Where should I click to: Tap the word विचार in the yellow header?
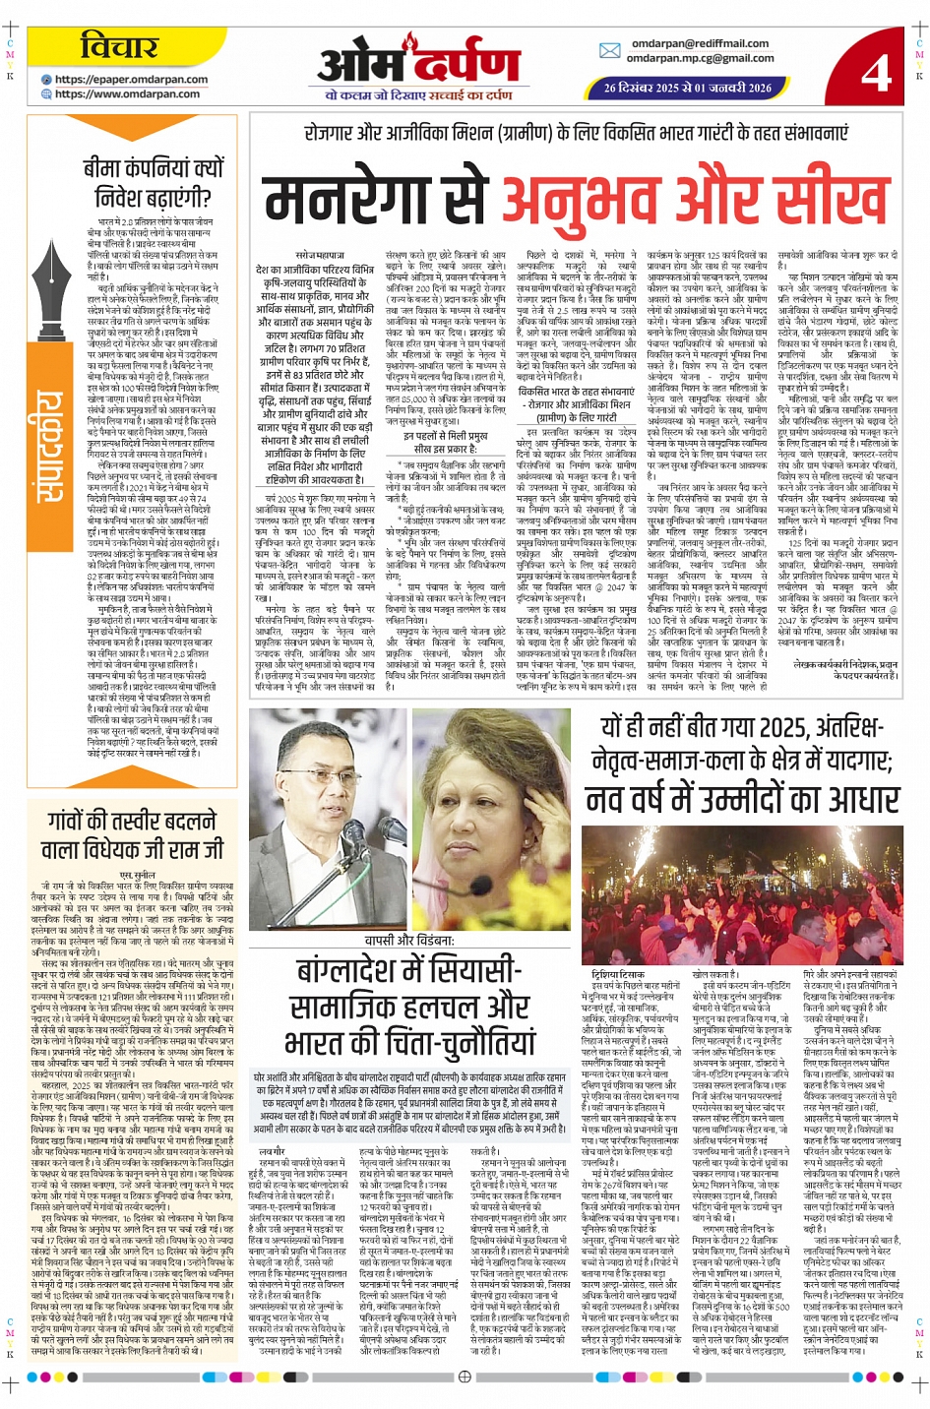[x=118, y=46]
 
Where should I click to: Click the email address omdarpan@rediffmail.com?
[x=700, y=43]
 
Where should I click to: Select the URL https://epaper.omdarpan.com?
[x=131, y=80]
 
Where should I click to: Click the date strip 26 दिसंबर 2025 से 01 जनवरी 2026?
[x=687, y=88]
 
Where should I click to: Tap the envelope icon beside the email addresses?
[x=609, y=50]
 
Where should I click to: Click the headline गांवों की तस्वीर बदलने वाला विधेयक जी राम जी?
[x=132, y=835]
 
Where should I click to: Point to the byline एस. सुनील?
[x=137, y=874]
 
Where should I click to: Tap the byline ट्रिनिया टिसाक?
[x=617, y=946]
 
